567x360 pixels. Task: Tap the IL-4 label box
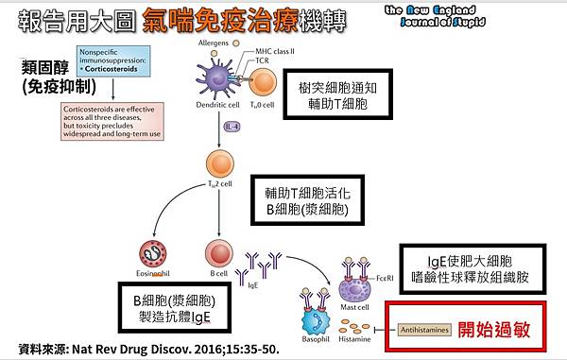(x=231, y=125)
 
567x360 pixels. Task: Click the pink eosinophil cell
(x=154, y=252)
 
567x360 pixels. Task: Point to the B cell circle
(x=218, y=252)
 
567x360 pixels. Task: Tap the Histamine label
(x=355, y=338)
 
